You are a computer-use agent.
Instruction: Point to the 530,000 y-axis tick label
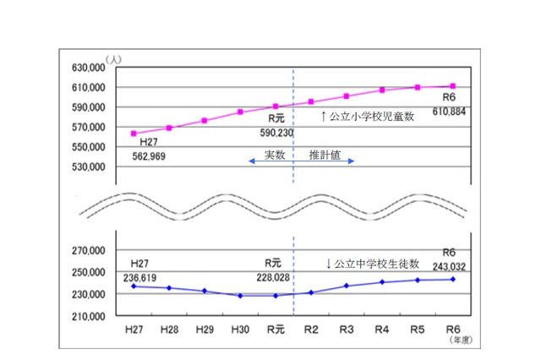coord(85,166)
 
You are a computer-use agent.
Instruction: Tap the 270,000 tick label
coord(85,250)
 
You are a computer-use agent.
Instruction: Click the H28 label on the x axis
coord(169,330)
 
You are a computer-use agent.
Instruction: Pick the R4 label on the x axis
coord(382,330)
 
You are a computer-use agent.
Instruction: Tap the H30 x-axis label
coord(240,330)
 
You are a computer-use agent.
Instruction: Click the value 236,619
coord(149,275)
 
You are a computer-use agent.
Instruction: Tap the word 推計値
coord(325,155)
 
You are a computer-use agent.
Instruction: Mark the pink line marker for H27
coord(134,134)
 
